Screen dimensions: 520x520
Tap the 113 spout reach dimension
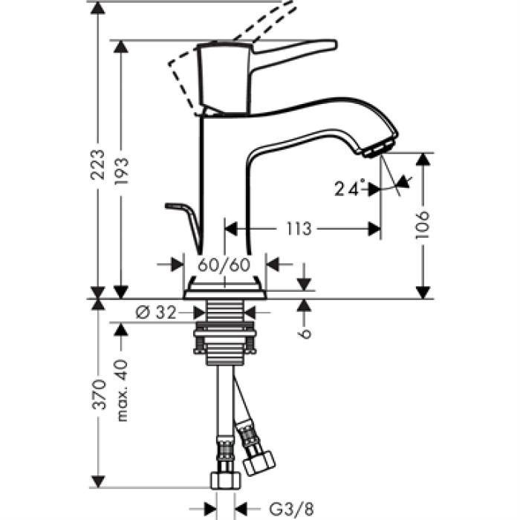[299, 230]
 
